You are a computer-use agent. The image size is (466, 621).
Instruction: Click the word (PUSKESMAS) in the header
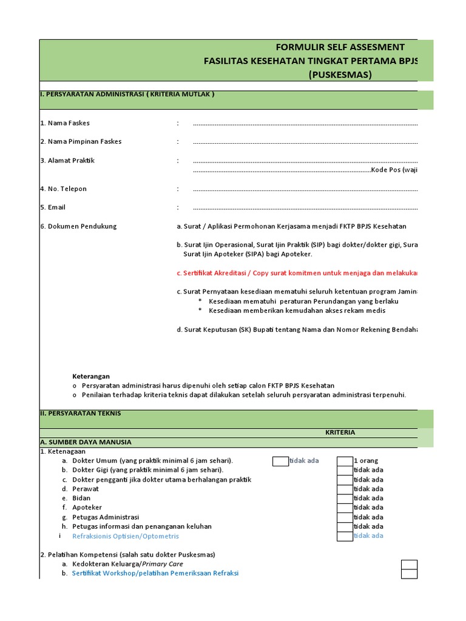point(340,75)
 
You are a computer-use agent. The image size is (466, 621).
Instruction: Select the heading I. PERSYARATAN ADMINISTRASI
point(127,95)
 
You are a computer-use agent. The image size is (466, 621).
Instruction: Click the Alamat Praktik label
point(67,161)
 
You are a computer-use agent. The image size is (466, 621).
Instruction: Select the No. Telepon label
point(63,189)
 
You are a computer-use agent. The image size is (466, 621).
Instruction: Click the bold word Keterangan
point(91,376)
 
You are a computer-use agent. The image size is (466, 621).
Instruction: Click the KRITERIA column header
point(340,432)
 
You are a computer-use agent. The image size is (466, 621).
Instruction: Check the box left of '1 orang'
point(345,461)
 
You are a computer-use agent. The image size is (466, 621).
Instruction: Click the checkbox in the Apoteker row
point(345,508)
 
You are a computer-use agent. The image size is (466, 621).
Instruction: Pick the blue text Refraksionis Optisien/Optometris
point(126,536)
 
